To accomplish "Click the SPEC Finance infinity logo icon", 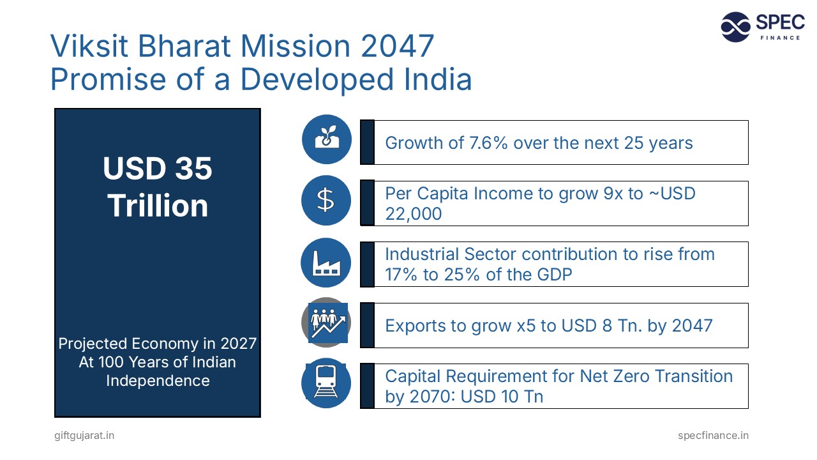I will [735, 27].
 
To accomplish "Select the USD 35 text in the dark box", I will [158, 169].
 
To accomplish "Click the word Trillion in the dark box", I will [158, 206].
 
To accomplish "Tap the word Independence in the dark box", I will [158, 381].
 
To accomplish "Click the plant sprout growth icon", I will [326, 139].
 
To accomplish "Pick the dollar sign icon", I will [326, 200].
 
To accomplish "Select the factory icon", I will [326, 262].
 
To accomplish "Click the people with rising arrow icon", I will [327, 322].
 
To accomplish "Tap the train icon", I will [326, 383].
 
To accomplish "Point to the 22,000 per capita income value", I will [414, 214].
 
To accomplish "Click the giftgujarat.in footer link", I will [84, 436].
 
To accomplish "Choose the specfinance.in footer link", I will [713, 436].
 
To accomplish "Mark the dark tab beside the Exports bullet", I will [367, 325].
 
